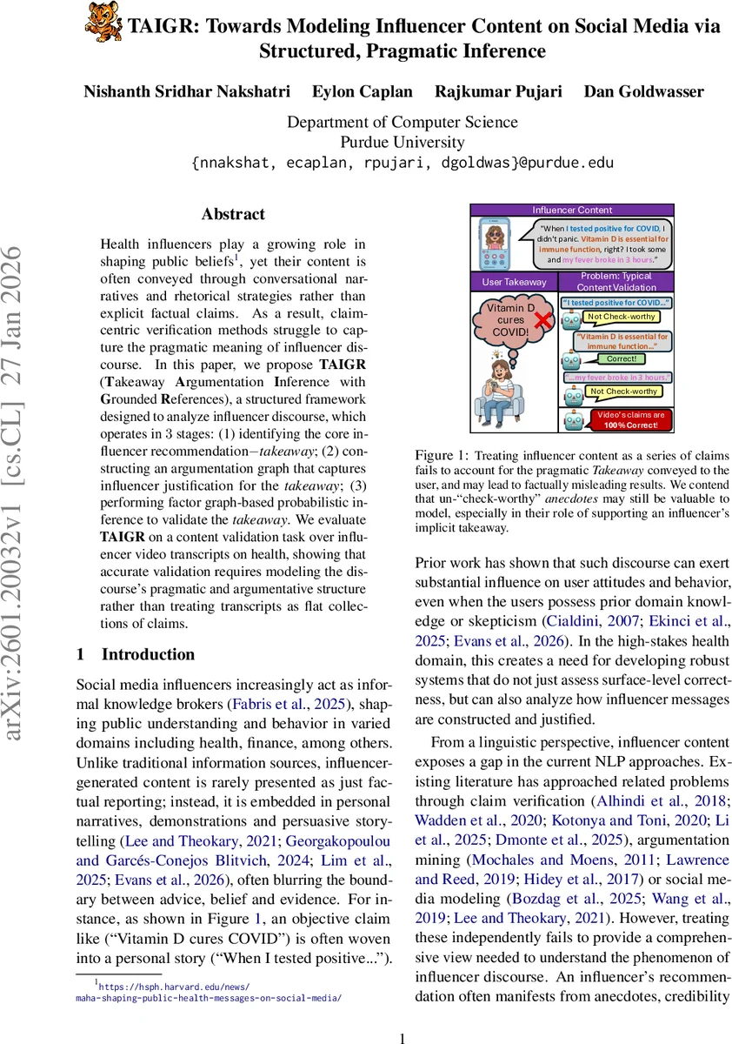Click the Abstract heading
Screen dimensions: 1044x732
point(233,214)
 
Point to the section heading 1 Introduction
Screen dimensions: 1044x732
point(136,654)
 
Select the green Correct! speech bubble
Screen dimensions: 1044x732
point(621,358)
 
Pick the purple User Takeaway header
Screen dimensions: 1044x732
point(514,282)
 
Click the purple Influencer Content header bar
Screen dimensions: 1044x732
point(572,210)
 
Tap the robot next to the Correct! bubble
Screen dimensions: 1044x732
point(570,358)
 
